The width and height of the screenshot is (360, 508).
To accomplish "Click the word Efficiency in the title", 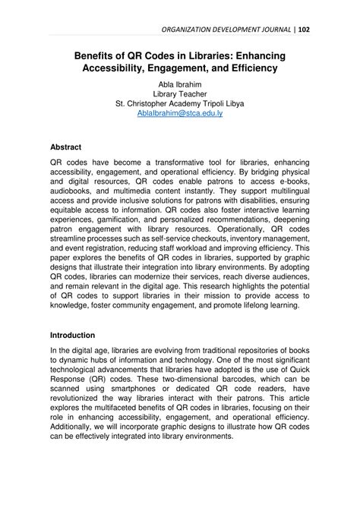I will point(248,68).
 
